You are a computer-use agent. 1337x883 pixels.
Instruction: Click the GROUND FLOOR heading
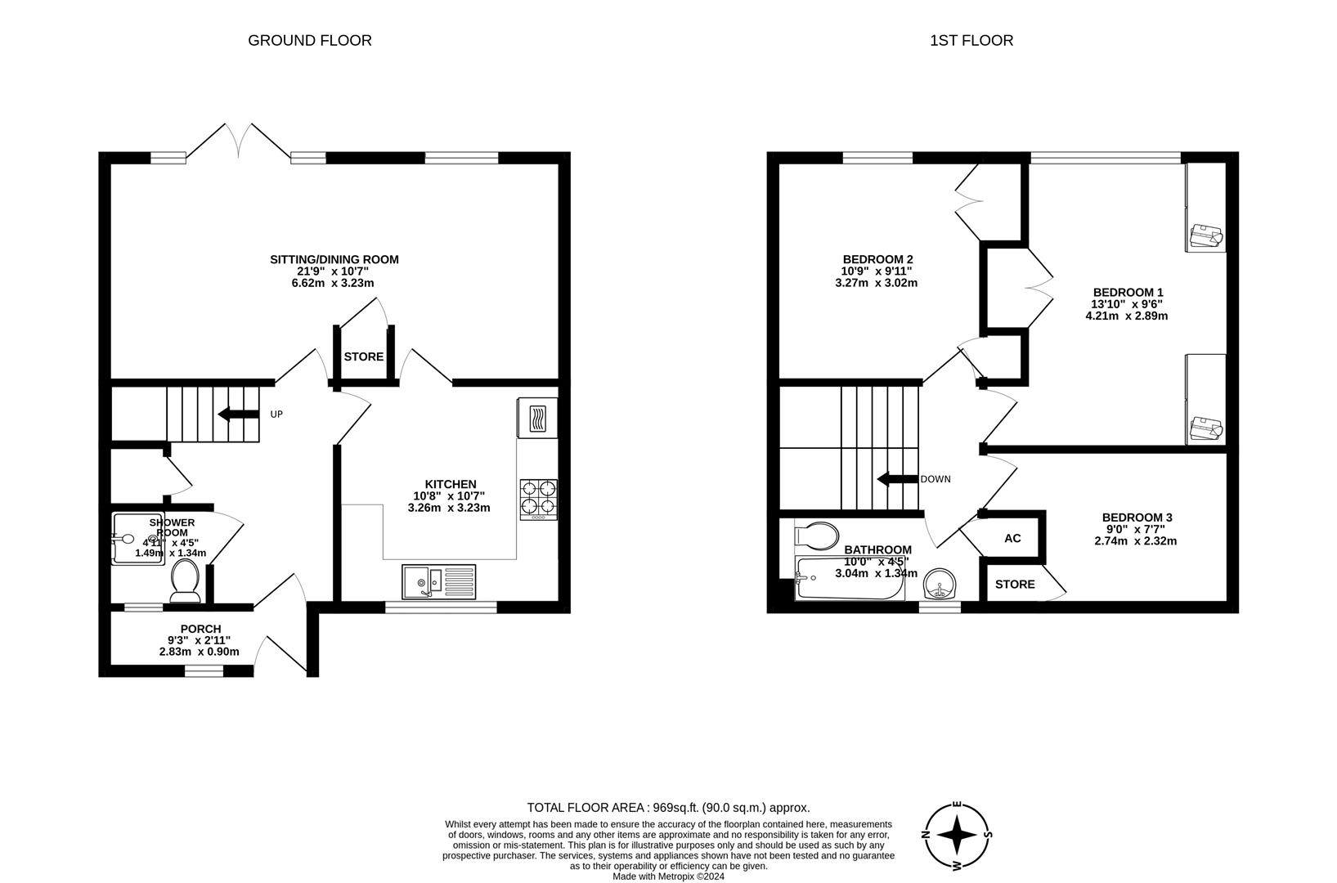310,41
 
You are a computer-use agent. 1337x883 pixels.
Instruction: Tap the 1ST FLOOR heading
971,41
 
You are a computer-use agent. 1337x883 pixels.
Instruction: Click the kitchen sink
438,581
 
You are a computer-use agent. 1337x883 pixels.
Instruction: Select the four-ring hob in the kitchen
538,500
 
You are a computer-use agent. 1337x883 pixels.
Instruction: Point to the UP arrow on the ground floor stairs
238,414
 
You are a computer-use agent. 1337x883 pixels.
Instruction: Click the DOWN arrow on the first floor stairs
898,479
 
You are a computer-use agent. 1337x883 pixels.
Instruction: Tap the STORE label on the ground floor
364,356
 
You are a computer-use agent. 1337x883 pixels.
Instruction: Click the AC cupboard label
1012,538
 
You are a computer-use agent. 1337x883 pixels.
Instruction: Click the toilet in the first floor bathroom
817,536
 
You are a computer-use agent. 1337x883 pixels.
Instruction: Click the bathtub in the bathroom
850,578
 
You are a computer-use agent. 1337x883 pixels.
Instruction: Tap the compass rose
957,835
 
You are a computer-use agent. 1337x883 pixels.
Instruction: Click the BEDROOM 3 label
1137,518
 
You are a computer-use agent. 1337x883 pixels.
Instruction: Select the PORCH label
200,629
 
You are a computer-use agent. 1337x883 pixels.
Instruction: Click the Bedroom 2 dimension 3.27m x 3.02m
877,283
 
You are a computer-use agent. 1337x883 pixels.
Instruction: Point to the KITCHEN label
451,484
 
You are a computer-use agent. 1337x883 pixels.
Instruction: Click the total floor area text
669,808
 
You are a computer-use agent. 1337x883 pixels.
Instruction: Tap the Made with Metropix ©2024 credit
669,876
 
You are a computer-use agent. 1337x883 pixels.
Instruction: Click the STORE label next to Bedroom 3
1015,584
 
